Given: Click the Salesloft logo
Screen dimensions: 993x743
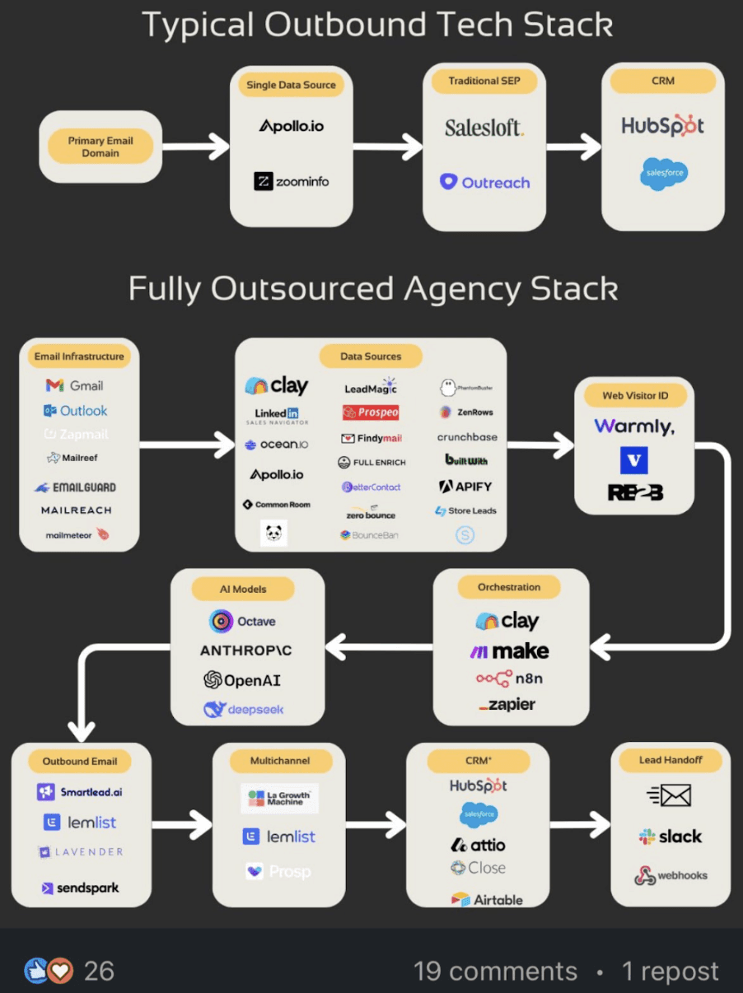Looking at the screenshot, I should coord(484,128).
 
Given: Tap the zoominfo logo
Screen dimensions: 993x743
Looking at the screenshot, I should coord(291,181).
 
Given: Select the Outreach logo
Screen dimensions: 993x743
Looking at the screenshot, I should coord(484,182).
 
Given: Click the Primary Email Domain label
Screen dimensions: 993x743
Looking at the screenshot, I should coord(100,147).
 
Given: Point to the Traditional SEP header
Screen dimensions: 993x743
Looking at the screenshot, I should coord(484,82).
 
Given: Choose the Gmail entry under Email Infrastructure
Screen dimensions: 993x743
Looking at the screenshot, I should coord(75,385).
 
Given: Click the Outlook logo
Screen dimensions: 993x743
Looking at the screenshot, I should coord(75,410).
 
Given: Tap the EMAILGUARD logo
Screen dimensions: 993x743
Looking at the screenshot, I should coord(75,487).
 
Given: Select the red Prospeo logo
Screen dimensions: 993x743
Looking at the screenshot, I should coord(371,413).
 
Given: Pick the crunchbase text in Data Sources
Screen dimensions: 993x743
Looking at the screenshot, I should coord(467,437).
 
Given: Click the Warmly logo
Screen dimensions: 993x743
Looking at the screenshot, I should coord(634,427).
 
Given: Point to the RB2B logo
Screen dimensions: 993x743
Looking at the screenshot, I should coord(634,492).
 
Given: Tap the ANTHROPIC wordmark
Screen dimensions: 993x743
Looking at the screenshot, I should coord(246,650).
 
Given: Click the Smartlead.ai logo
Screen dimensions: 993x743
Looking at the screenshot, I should coord(80,792).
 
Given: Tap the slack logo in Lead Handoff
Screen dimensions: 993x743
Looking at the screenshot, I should coord(671,837).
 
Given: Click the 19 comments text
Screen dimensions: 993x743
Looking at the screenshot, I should coord(495,971).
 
